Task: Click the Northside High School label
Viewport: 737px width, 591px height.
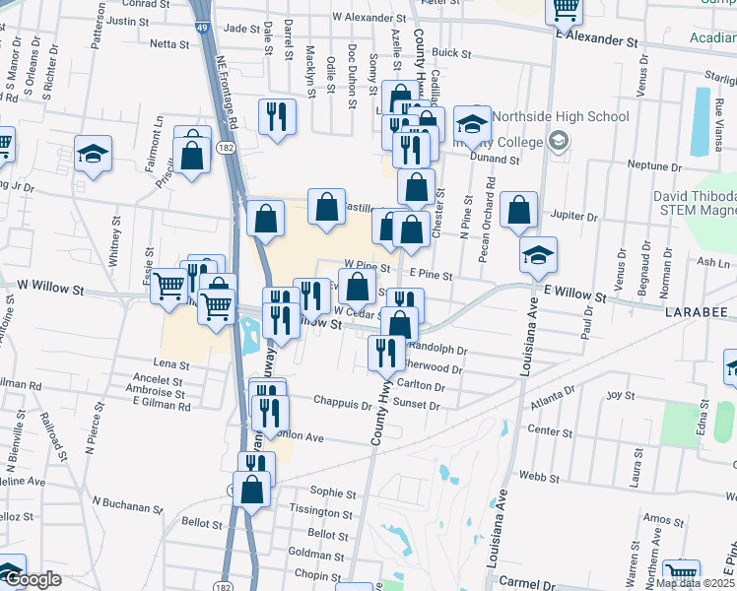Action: click(x=560, y=116)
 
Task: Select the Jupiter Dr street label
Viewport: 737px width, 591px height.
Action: click(x=578, y=216)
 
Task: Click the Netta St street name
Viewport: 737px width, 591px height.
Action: click(x=168, y=44)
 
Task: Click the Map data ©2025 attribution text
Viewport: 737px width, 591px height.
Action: click(x=696, y=583)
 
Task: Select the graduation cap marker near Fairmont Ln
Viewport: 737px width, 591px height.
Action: click(x=94, y=154)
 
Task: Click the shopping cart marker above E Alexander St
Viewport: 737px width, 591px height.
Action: click(x=566, y=10)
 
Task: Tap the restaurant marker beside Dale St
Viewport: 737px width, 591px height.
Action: click(x=277, y=116)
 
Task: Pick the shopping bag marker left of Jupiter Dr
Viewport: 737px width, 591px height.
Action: click(x=518, y=210)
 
